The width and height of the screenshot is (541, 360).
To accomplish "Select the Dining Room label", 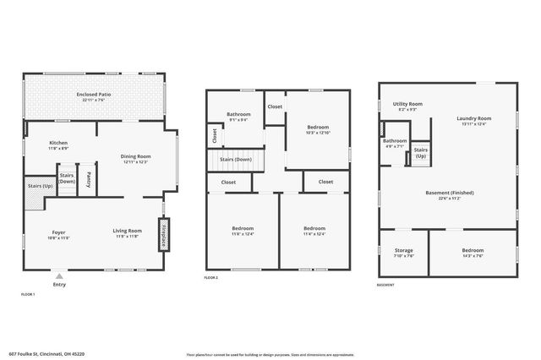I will pyautogui.click(x=135, y=158).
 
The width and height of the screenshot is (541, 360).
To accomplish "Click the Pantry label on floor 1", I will pyautogui.click(x=89, y=179).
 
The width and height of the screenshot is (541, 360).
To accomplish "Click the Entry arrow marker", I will pyautogui.click(x=58, y=276).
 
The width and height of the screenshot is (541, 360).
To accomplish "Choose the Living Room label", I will pyautogui.click(x=128, y=233).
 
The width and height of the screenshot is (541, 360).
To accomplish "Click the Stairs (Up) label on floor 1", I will pyautogui.click(x=40, y=186).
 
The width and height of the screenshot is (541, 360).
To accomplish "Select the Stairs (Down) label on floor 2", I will pyautogui.click(x=236, y=159).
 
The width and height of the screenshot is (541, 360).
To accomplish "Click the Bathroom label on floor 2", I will pyautogui.click(x=238, y=117).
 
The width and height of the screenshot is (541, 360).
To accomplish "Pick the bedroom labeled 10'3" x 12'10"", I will pyautogui.click(x=318, y=130).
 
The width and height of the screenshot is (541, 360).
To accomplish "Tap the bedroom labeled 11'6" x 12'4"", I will pyautogui.click(x=243, y=231).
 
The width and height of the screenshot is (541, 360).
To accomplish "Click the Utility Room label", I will pyautogui.click(x=407, y=106).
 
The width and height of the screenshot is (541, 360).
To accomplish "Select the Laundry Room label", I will pyautogui.click(x=473, y=121).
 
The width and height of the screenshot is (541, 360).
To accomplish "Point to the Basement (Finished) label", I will pyautogui.click(x=449, y=194).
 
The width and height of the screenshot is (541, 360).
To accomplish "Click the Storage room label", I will pyautogui.click(x=404, y=252).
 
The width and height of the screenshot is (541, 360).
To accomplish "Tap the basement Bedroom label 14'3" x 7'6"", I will pyautogui.click(x=473, y=252).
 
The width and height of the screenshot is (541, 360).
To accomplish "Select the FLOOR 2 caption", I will pyautogui.click(x=211, y=278).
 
